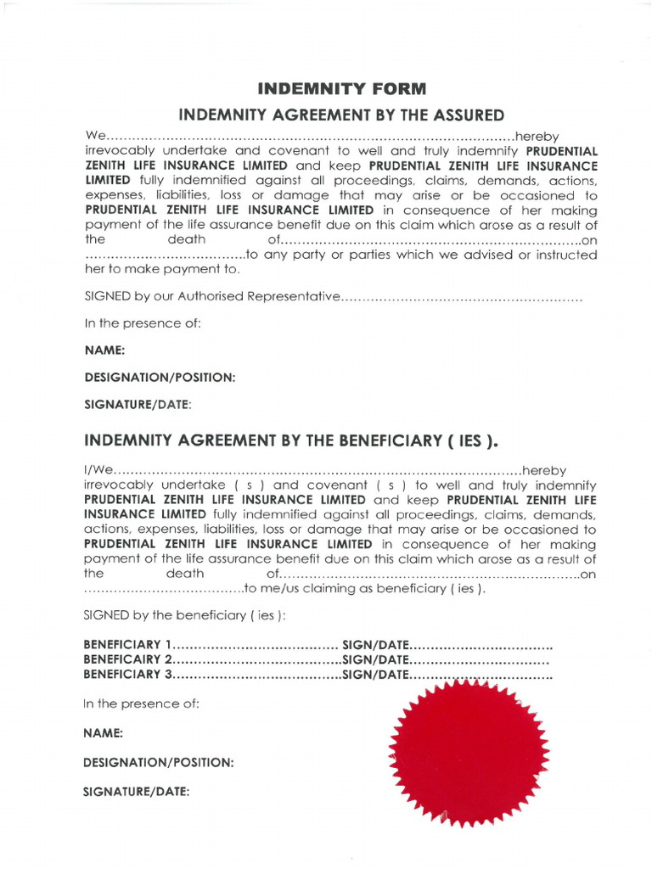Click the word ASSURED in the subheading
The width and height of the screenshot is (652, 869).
click(467, 115)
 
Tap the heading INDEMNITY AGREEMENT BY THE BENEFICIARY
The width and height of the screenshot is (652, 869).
click(291, 440)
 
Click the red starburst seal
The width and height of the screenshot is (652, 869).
click(468, 751)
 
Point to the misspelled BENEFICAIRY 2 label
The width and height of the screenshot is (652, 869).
click(128, 659)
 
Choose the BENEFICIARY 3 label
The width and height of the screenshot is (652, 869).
click(128, 675)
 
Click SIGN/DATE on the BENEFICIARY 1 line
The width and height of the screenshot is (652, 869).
click(376, 644)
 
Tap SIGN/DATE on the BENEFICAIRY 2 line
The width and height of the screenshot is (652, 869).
click(376, 659)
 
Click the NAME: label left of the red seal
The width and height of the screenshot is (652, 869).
click(103, 732)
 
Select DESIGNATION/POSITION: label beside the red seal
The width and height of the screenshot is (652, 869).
click(159, 762)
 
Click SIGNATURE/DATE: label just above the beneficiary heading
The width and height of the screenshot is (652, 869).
click(138, 404)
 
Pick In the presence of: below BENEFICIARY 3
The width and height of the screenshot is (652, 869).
click(141, 704)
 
